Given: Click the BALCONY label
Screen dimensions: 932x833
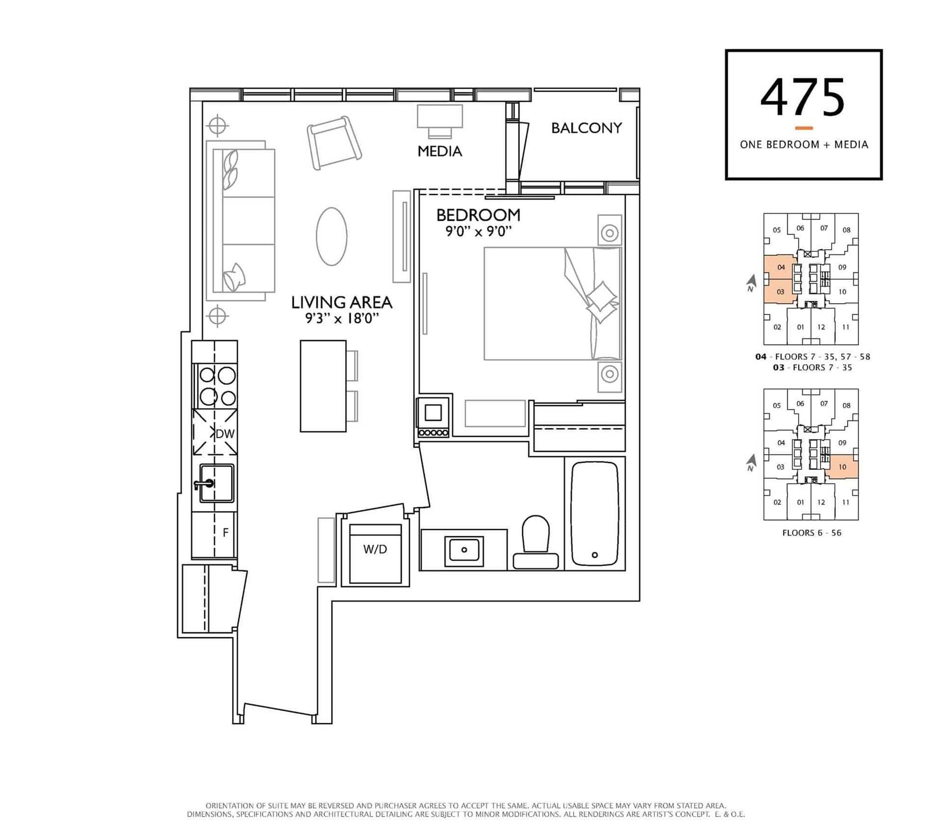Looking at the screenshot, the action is pos(586,128).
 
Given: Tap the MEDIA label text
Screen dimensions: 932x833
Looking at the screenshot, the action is pos(440,151).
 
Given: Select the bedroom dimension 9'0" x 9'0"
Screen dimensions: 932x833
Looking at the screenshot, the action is pos(478,231).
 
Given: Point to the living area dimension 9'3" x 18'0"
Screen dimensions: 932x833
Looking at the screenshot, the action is pos(342,318).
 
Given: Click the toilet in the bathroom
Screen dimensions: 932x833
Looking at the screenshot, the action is pos(536,542).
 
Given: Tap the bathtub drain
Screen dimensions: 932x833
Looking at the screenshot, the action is pos(595,555).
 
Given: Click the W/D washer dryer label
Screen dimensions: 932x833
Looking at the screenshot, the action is pos(375,549).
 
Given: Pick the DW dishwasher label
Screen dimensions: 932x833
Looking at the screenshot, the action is pos(225,434).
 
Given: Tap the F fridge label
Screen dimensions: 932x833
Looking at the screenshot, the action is pos(226,532).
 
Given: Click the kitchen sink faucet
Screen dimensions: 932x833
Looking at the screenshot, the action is pos(204,484).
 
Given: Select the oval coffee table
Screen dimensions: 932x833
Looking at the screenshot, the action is pos(332,236).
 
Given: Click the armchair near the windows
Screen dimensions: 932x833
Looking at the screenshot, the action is pos(335,143).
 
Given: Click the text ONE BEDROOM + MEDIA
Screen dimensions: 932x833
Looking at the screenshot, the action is pos(804,144).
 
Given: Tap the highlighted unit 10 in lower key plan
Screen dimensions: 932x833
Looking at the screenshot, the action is pos(842,467).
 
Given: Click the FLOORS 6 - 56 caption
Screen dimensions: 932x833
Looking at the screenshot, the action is pos(812,533).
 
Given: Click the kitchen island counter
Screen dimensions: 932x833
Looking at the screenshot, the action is pos(323,386).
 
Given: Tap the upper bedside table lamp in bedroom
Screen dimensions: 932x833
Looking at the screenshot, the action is pos(610,233).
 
